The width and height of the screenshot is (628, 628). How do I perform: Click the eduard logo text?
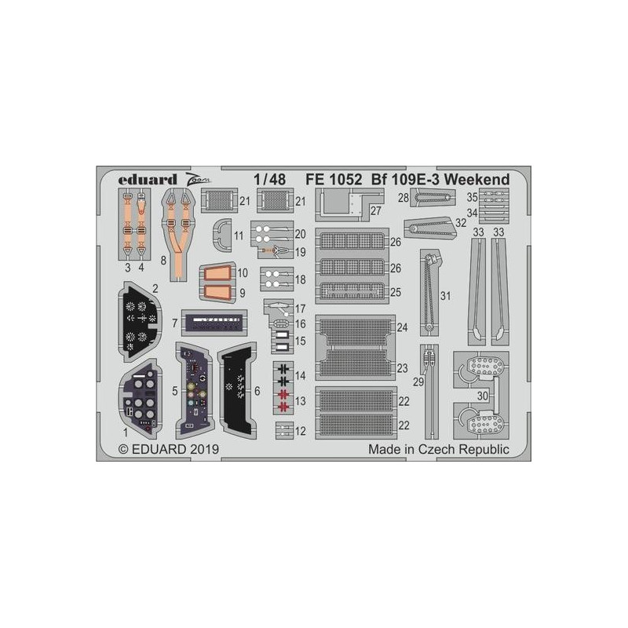point(148,180)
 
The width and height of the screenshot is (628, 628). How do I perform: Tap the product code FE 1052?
point(334,180)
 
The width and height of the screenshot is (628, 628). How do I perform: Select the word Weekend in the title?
point(476,180)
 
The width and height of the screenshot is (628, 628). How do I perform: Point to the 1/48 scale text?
point(269,180)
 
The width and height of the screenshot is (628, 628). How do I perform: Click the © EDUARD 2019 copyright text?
point(169,449)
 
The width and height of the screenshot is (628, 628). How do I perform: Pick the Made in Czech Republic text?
point(439,449)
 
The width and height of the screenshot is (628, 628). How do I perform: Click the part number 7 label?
point(174,323)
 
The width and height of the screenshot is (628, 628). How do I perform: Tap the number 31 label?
point(445,296)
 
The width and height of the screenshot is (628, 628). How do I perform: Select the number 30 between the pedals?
point(482,396)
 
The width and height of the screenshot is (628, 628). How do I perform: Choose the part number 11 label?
point(239,235)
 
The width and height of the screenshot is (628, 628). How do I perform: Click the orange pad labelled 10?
point(217,274)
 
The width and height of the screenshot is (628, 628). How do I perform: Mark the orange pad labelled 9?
point(217,292)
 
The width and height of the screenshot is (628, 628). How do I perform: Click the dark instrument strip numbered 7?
point(214,323)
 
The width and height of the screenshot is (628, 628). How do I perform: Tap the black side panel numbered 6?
point(237,390)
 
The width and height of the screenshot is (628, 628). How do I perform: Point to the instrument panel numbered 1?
point(140,400)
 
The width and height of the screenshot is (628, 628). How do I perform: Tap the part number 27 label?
point(376,210)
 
